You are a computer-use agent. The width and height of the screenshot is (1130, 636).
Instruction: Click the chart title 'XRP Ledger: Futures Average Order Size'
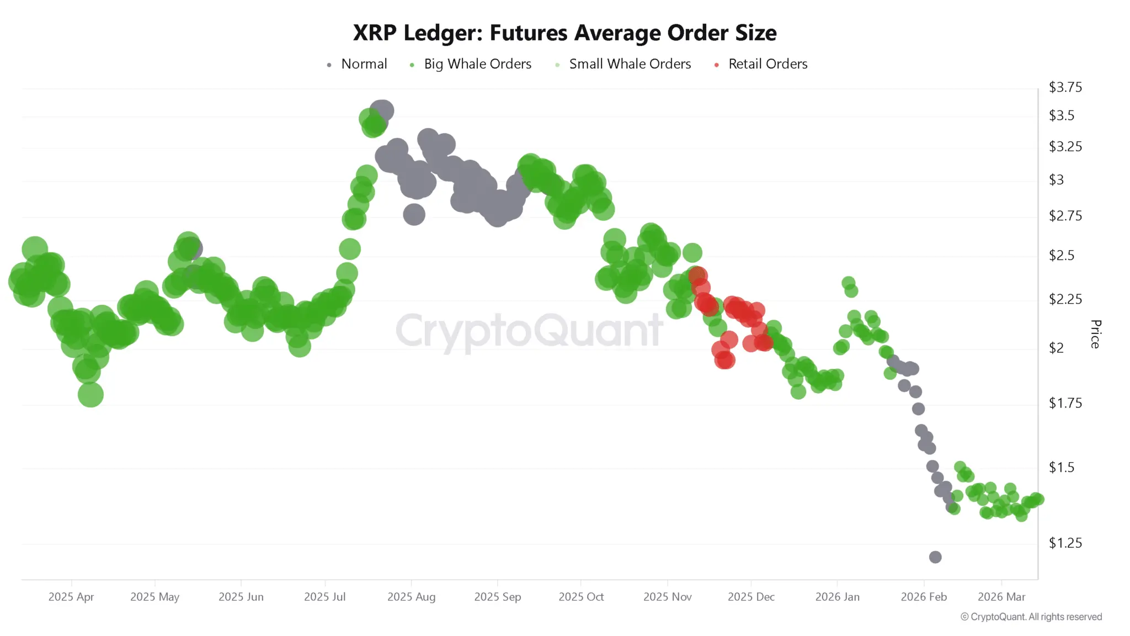point(564,33)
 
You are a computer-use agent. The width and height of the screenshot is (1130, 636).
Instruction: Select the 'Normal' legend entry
point(364,64)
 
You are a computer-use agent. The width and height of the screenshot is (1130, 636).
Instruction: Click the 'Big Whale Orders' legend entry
point(477,64)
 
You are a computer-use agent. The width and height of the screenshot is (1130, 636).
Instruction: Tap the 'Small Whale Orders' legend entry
point(630,64)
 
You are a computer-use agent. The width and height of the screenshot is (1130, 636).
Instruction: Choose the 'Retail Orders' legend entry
point(767,64)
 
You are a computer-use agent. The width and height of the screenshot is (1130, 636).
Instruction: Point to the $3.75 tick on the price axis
point(1065,87)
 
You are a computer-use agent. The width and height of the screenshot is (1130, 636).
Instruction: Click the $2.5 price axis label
point(1061,256)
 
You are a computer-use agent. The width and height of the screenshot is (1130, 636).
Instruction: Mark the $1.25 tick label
point(1065,543)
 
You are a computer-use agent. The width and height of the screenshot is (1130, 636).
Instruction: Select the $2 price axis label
point(1056,348)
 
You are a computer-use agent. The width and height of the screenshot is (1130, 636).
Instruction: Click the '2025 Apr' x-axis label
point(71,597)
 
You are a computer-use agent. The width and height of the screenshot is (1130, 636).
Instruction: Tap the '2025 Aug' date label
point(411,597)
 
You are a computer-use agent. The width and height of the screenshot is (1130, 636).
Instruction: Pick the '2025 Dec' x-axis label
point(751,597)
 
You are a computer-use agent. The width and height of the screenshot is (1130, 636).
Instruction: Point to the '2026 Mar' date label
point(1001,597)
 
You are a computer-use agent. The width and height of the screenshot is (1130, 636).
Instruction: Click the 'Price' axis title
point(1096,334)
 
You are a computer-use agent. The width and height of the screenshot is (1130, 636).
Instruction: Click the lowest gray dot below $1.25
point(935,557)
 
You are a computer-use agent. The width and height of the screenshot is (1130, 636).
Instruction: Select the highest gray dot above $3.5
point(382,110)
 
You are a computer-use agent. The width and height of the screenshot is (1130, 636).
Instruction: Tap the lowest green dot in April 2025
point(90,395)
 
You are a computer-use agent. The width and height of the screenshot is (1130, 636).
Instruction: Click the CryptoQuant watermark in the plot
point(529,330)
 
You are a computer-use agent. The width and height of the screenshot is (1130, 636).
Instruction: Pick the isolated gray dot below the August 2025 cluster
point(414,214)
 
